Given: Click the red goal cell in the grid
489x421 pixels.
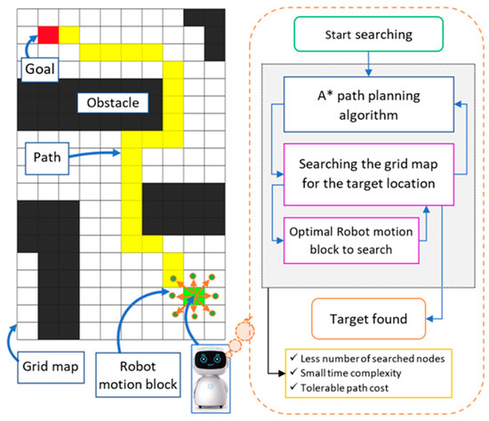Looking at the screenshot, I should point(48,34).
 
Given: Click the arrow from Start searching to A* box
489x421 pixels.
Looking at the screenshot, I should point(366,64).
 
